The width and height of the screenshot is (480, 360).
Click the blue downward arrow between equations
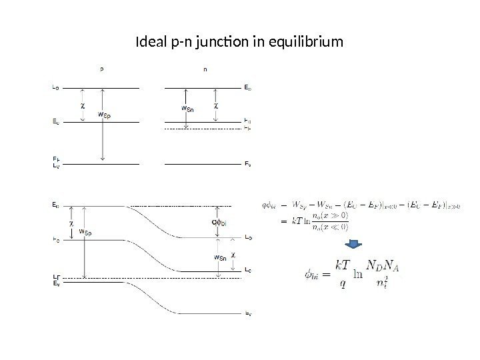356,246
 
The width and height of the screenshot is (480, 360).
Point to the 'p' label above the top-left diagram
101,67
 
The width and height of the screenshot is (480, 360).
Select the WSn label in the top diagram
189,110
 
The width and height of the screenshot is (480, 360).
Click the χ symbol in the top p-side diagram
83,105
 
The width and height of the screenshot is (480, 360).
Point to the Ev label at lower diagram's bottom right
248,313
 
